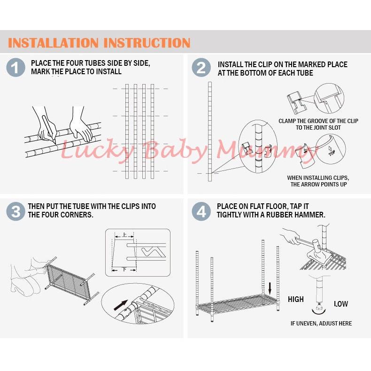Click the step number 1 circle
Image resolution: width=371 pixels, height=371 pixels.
[x=15, y=68]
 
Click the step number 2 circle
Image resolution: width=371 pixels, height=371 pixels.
[x=201, y=68]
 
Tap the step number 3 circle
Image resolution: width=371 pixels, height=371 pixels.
[x=15, y=211]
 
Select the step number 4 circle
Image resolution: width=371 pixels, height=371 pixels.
[x=201, y=211]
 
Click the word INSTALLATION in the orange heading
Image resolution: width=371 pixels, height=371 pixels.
[x=53, y=43]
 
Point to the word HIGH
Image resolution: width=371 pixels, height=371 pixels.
[x=295, y=299]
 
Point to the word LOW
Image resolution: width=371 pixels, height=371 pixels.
[x=341, y=304]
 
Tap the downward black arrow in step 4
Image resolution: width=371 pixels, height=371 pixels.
[x=270, y=288]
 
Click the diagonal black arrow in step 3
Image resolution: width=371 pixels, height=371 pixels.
[x=121, y=305]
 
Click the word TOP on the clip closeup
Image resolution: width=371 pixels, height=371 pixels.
[x=332, y=153]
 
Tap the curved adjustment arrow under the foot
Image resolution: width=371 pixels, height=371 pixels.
[x=319, y=312]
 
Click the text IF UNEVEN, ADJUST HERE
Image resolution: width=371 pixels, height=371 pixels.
[x=321, y=324]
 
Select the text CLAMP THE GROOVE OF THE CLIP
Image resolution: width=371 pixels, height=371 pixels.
[x=318, y=121]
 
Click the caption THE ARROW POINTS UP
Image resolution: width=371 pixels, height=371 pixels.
[x=319, y=185]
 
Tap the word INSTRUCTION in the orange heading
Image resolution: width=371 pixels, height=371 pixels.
[x=147, y=43]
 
